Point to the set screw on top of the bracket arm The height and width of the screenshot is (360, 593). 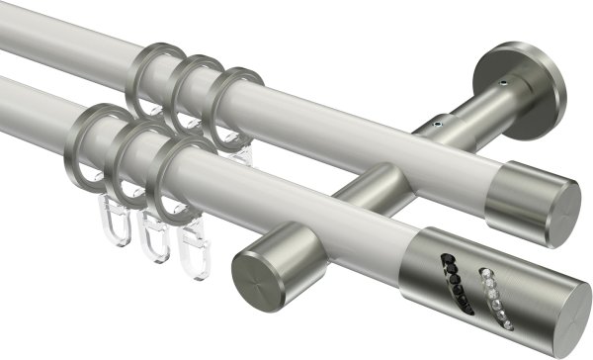[x=436, y=127]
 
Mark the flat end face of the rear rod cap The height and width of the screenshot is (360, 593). [x=562, y=209]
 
